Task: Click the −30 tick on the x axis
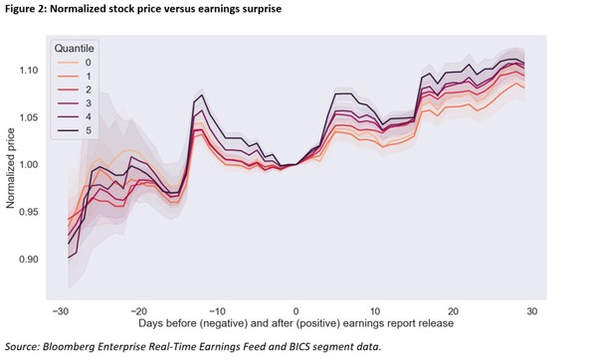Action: pyautogui.click(x=60, y=310)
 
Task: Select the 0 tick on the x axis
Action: pyautogui.click(x=297, y=310)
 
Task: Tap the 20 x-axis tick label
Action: pyautogui.click(x=453, y=310)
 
